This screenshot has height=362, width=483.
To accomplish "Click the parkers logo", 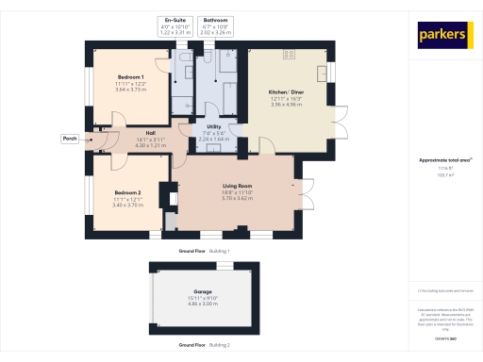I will tap(444, 35).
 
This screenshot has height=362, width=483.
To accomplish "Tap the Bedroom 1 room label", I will tap(129, 76).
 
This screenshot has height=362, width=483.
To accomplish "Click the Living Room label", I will tap(234, 187).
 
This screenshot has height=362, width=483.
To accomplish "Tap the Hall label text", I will tap(150, 133).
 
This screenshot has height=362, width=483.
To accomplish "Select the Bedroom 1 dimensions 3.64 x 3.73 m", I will tap(129, 88).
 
